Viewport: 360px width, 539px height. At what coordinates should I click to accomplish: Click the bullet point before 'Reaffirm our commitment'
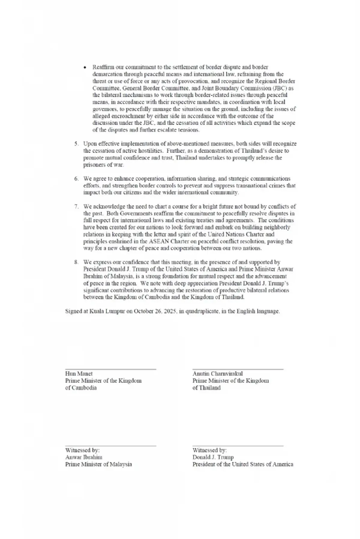(x=85, y=67)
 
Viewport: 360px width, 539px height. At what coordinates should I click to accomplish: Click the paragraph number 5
(x=76, y=144)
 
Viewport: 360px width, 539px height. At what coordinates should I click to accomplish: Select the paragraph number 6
(x=76, y=179)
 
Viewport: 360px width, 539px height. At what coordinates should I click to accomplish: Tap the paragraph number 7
(x=76, y=206)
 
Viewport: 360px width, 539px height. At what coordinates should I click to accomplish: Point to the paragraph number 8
(x=76, y=262)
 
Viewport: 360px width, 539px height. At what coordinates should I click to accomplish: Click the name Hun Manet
(x=79, y=374)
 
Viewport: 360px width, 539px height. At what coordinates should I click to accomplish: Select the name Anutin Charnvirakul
(x=217, y=374)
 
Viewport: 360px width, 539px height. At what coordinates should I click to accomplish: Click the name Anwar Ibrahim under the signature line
(x=84, y=457)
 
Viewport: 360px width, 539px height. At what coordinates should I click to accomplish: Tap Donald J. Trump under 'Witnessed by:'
(x=213, y=457)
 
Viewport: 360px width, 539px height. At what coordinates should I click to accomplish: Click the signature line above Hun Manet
(x=111, y=369)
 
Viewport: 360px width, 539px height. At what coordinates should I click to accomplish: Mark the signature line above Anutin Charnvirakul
(x=238, y=369)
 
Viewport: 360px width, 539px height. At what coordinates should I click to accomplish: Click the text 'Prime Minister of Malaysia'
(x=99, y=464)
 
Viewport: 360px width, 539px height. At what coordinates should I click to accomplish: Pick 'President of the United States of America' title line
(x=243, y=464)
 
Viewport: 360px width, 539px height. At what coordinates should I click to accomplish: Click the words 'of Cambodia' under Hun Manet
(x=81, y=388)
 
